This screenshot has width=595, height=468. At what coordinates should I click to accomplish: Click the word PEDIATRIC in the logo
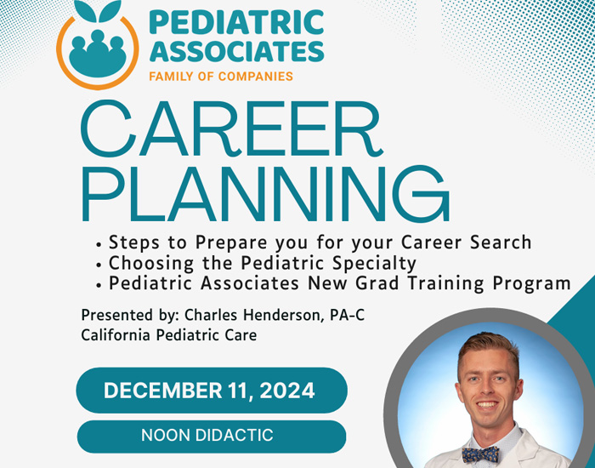coord(237,22)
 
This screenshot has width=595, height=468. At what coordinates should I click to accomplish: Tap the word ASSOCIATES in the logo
coord(237,52)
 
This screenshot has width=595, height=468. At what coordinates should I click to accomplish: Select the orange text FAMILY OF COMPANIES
coord(221,77)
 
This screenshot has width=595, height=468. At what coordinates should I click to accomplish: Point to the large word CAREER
coord(232,128)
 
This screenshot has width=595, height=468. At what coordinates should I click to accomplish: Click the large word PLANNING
coord(265,193)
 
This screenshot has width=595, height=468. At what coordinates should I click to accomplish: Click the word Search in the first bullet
coord(501,243)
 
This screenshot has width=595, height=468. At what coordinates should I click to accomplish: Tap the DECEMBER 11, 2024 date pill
coord(212,390)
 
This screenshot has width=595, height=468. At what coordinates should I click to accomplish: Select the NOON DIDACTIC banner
coord(212,436)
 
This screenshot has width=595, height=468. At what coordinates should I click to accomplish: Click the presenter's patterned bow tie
coord(480,454)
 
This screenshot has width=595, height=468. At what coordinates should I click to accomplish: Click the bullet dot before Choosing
coord(99,265)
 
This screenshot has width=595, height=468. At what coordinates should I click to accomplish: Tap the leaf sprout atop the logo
coord(98,10)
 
